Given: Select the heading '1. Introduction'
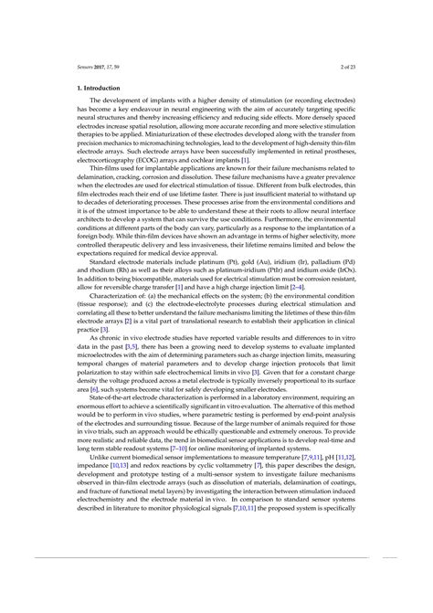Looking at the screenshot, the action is (x=98, y=88).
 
